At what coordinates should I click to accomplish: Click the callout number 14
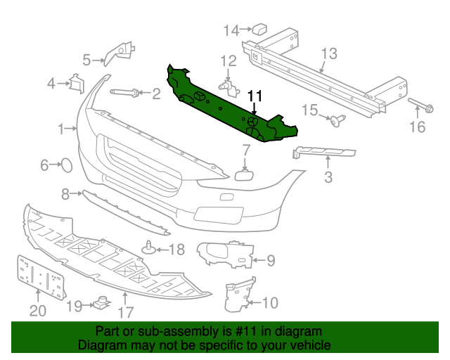click(231, 30)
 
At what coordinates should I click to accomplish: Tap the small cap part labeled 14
click(259, 29)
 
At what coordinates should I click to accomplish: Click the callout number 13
click(329, 53)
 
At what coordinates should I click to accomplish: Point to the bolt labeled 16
click(421, 105)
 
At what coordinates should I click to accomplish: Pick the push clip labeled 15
click(338, 120)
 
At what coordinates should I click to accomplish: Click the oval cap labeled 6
click(67, 165)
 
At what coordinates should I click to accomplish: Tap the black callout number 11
click(255, 96)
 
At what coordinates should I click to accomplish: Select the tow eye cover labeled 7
click(244, 175)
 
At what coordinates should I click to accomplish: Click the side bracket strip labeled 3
click(323, 152)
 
